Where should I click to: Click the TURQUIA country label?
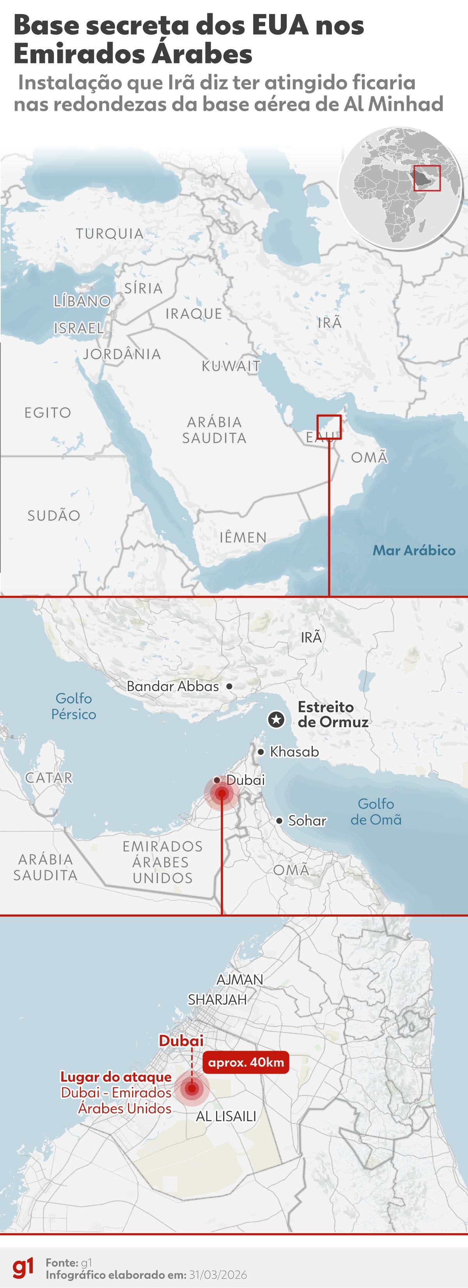[110, 233]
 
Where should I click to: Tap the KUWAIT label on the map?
[231, 366]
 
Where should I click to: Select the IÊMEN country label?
[243, 537]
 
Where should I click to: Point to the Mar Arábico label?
[414, 551]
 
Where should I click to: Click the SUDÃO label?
[53, 516]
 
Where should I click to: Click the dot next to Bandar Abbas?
[229, 687]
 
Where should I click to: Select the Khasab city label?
[294, 751]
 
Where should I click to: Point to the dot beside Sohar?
[279, 820]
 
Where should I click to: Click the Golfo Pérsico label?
[74, 706]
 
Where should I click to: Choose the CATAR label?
[48, 777]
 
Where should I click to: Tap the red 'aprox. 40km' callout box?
[246, 1062]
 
